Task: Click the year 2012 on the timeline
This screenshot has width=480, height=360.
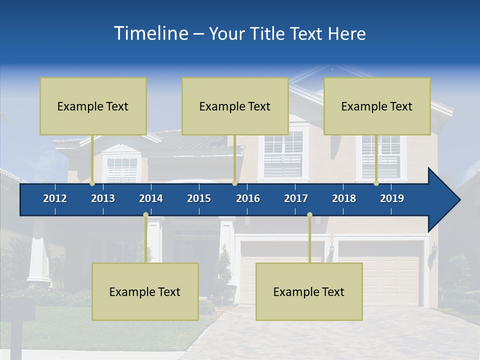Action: [55, 198]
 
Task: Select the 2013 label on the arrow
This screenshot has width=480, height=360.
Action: [103, 198]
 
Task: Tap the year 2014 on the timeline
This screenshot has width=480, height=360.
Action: [151, 198]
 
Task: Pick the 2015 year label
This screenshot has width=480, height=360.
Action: [199, 198]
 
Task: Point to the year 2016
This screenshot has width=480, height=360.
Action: [248, 198]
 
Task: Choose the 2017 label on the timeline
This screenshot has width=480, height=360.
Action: [296, 198]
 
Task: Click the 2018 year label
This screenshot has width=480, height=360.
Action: [344, 198]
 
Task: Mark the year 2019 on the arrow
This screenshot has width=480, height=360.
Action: [392, 198]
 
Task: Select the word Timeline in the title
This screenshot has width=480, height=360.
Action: [150, 33]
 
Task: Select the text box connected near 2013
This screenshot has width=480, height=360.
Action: [93, 106]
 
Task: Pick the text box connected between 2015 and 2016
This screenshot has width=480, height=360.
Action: [235, 106]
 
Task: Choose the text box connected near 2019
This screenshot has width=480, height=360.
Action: [377, 106]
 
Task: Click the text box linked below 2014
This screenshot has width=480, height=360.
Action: [145, 291]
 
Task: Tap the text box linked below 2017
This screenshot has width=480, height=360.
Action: [309, 291]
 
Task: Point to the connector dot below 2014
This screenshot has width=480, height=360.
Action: [145, 215]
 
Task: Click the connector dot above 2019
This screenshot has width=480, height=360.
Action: [376, 183]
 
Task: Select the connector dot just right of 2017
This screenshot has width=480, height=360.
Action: [309, 215]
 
